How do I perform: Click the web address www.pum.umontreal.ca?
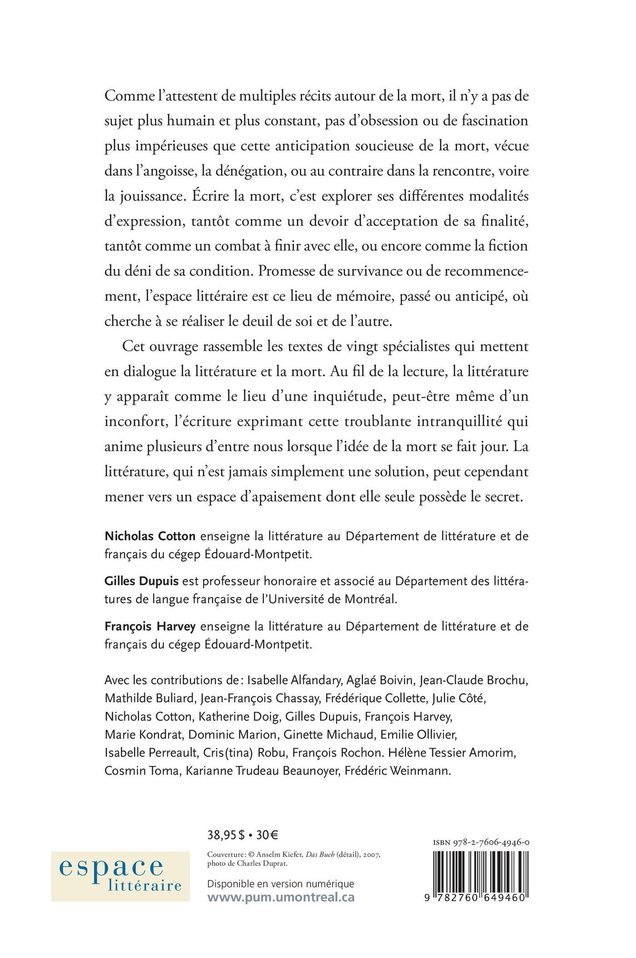point(281,897)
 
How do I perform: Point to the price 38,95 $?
point(226,834)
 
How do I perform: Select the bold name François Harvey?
point(150,626)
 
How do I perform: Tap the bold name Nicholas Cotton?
point(150,536)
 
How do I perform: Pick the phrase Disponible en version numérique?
point(280,884)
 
